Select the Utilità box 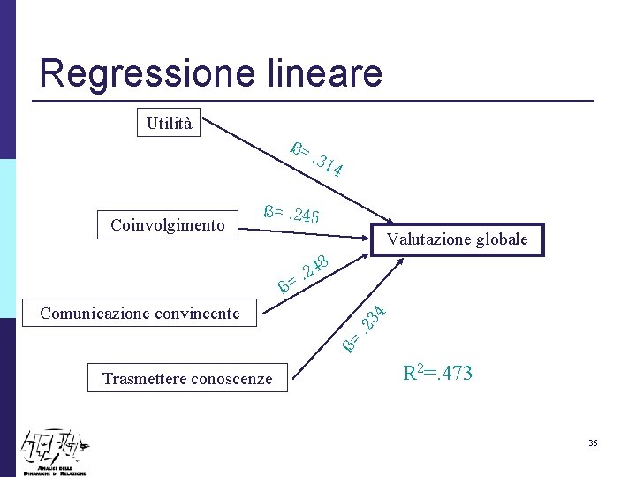point(169,124)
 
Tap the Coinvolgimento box point(168,225)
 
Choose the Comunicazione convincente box point(140,313)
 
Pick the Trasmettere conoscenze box point(187,379)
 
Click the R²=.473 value point(438,373)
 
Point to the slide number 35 point(593,442)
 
